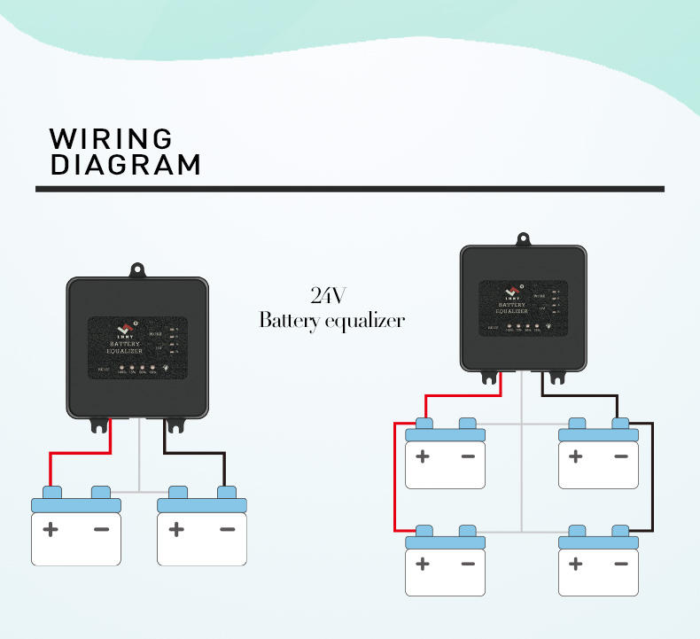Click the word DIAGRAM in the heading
pos(125,165)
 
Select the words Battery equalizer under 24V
pos(331,320)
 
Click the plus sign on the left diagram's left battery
pos(51,530)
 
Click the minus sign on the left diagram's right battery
pos(227,530)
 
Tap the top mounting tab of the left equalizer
pos(137,269)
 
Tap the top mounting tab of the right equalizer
pos(523,238)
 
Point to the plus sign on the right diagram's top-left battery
pos(423,456)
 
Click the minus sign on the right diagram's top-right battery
pos(620,456)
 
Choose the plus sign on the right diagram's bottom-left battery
pos(423,564)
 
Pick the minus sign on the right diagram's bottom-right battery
pos(620,564)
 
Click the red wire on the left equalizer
pos(80,453)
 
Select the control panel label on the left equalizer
pos(137,348)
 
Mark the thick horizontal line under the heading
pos(350,189)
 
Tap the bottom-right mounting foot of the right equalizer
pos(561,378)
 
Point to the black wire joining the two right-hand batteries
pos(653,479)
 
